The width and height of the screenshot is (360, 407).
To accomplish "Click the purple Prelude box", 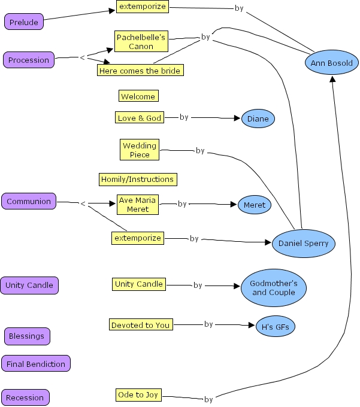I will [x=24, y=22].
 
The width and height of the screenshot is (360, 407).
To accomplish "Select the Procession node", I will [x=29, y=60].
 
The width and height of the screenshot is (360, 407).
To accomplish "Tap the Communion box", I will [x=29, y=201].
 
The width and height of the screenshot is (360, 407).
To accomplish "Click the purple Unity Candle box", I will [x=29, y=285].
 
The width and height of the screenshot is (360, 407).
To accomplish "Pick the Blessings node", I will [x=26, y=336].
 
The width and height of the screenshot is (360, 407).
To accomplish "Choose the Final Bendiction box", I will [x=36, y=363].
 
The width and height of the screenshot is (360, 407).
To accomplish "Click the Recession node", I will [x=25, y=397].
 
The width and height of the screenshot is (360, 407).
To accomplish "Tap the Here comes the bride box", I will [x=139, y=71].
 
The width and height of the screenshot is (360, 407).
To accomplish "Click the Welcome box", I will [x=138, y=96].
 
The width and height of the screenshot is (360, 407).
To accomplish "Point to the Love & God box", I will [x=140, y=118].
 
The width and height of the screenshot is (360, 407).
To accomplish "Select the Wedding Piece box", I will [x=140, y=150].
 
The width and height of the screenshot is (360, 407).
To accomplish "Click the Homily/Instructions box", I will [x=138, y=179].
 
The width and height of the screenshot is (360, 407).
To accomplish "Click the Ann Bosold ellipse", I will [x=331, y=63].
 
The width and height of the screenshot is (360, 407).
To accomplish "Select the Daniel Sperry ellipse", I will [x=303, y=244].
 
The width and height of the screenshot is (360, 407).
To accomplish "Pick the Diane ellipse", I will [x=258, y=119].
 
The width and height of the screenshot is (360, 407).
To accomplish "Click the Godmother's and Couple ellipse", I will [x=274, y=288].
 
